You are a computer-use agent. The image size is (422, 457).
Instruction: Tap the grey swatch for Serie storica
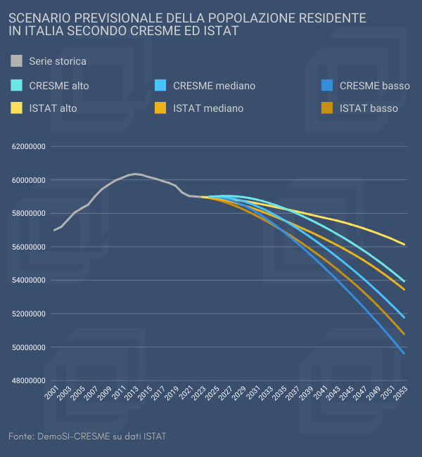(17, 61)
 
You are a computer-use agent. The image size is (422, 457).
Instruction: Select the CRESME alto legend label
(58, 86)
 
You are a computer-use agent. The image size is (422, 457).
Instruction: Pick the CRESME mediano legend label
(214, 86)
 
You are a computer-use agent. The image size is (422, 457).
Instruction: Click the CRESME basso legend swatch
(326, 86)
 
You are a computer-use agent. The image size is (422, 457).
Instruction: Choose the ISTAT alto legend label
(53, 108)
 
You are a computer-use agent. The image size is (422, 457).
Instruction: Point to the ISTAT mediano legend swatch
(160, 108)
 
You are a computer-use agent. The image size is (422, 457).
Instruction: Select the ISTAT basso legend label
(369, 108)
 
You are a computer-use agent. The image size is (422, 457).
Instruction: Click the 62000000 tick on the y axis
(29, 147)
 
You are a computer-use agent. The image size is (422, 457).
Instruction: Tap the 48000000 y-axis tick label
(29, 381)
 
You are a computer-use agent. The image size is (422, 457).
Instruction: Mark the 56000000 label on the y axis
(29, 247)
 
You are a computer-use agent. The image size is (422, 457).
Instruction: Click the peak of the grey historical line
(135, 174)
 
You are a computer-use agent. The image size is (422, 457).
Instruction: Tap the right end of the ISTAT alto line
(404, 245)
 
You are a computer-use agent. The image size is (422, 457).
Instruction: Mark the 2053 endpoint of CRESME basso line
(404, 354)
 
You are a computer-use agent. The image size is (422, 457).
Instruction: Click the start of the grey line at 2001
(54, 230)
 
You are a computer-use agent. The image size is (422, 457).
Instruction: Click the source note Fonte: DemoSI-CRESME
(87, 437)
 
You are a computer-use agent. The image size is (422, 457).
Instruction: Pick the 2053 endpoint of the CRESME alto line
(404, 281)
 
